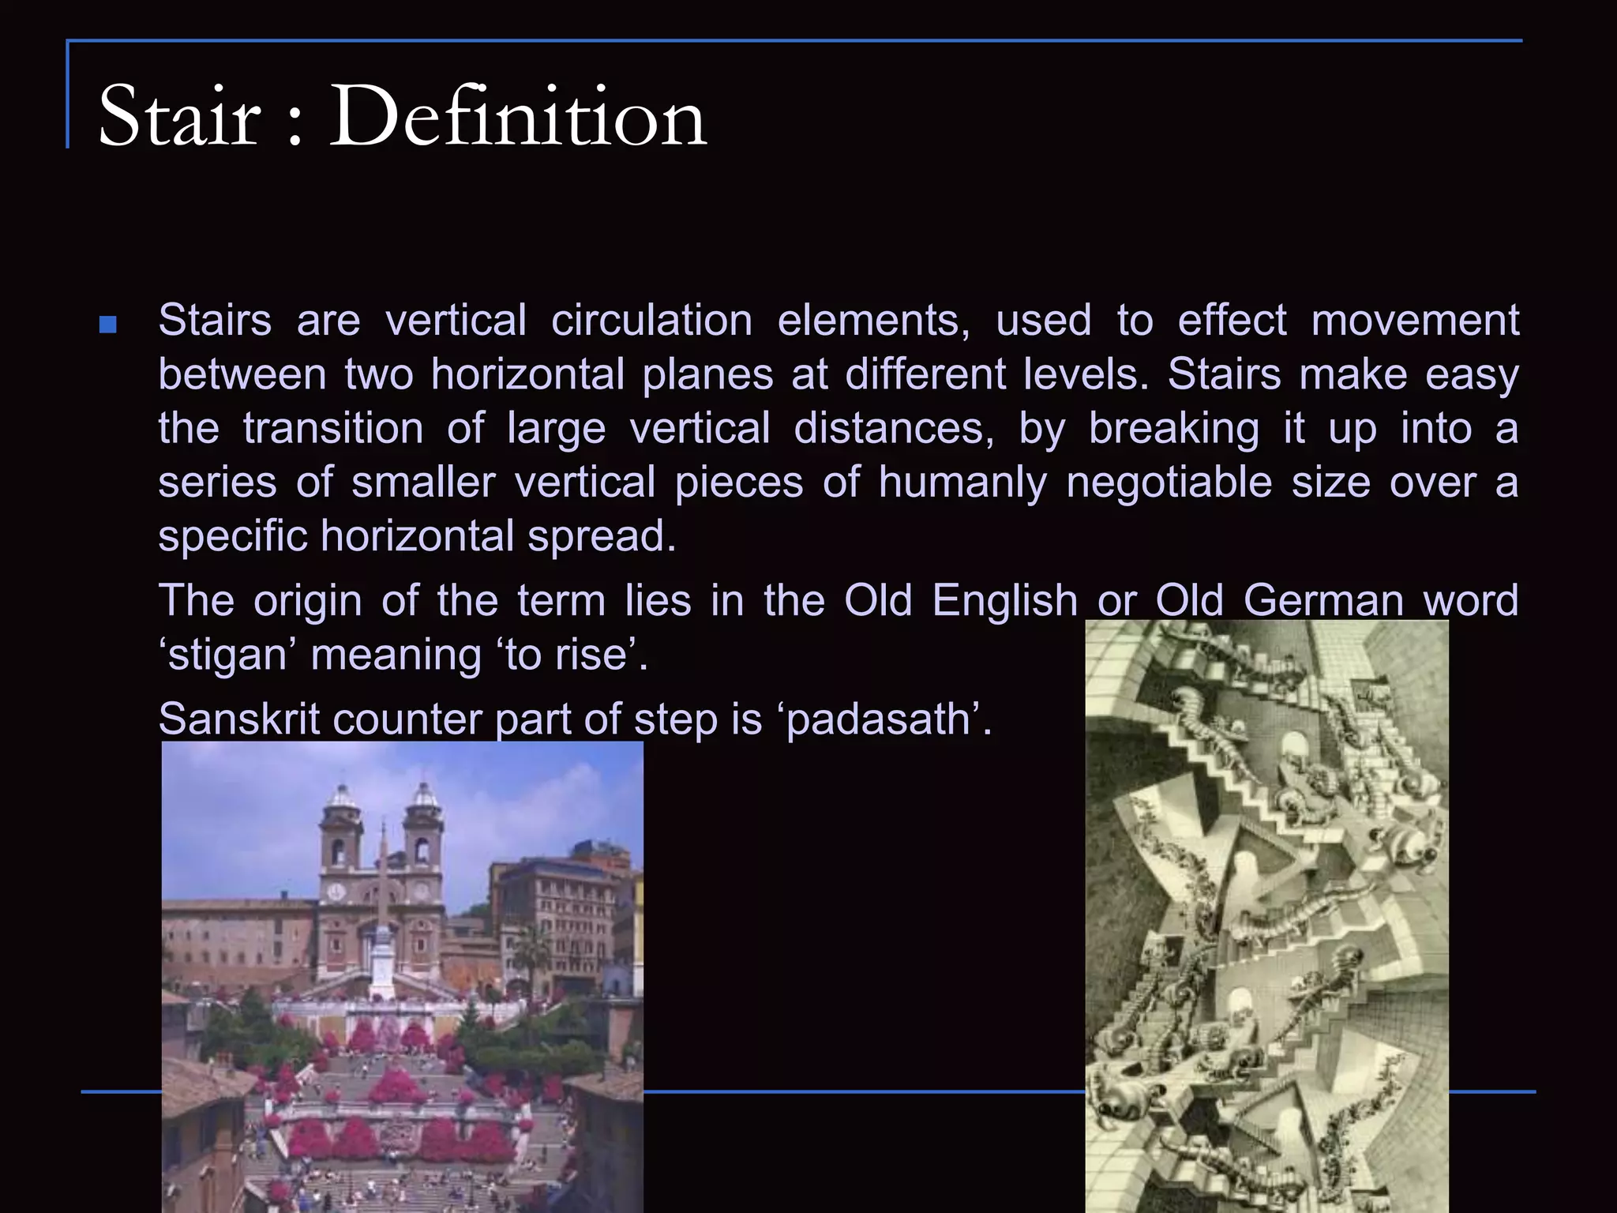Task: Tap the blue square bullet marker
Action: (x=108, y=325)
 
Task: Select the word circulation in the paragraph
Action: (x=651, y=321)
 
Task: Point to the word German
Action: (x=1323, y=601)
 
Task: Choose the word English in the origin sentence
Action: (x=1004, y=601)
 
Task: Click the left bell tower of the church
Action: (x=340, y=837)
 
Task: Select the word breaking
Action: (x=1173, y=429)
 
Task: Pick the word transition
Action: (x=333, y=429)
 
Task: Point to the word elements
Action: (x=873, y=321)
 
